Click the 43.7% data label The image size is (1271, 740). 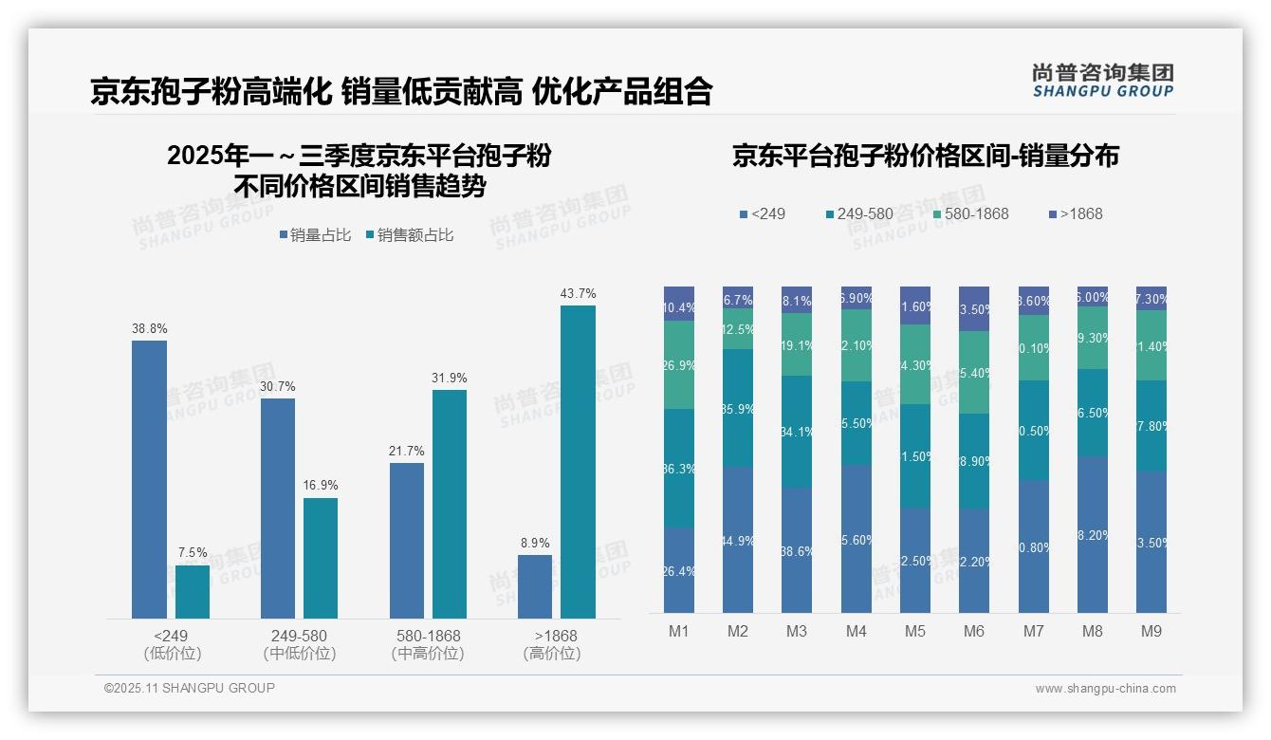(x=578, y=294)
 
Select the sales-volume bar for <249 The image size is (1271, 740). (x=149, y=479)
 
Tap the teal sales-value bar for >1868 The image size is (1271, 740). (x=578, y=462)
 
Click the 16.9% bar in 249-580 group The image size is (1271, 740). (x=321, y=558)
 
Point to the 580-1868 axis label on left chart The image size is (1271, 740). (x=428, y=636)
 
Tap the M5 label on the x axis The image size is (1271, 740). (x=914, y=631)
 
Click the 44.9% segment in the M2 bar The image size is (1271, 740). (x=738, y=540)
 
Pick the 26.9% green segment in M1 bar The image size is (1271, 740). (x=679, y=365)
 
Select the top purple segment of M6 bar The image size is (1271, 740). (x=974, y=308)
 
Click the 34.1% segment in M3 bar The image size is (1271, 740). (x=797, y=432)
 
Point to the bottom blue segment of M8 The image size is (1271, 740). (x=1093, y=535)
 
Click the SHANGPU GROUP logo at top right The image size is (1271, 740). (x=1102, y=80)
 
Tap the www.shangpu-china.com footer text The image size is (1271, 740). (x=1105, y=689)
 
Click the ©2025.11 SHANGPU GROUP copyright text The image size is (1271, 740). (x=190, y=688)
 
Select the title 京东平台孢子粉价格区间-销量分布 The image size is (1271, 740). (x=925, y=156)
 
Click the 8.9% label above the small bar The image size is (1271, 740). (x=535, y=544)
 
